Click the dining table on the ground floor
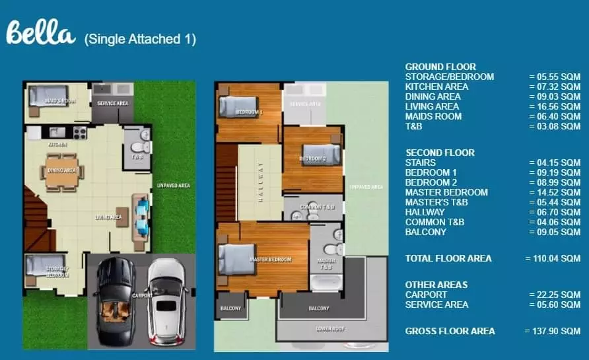[61, 170]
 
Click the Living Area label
[107, 217]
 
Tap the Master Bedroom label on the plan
[270, 260]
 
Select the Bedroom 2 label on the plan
[312, 159]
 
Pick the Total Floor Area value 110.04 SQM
[552, 258]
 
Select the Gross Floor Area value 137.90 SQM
[552, 331]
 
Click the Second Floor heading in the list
[440, 153]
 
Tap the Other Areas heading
[436, 285]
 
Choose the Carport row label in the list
[425, 295]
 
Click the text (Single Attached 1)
[140, 40]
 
